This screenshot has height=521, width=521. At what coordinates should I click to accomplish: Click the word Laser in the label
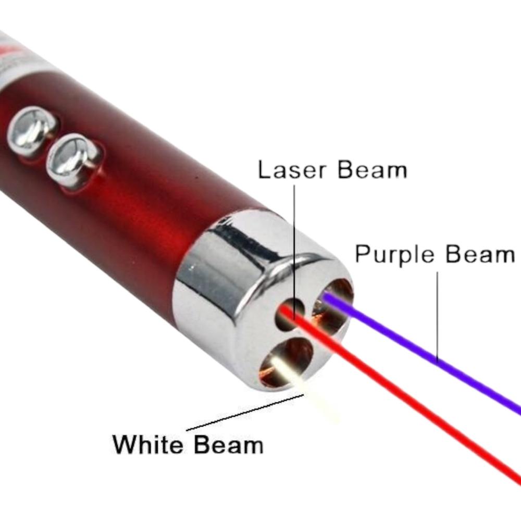pyautogui.click(x=292, y=170)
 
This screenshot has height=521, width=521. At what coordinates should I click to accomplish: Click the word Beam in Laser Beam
pyautogui.click(x=373, y=170)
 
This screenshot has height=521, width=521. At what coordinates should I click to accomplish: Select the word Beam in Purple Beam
pyautogui.click(x=480, y=255)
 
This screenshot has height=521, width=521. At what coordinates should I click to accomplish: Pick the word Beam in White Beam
pyautogui.click(x=229, y=444)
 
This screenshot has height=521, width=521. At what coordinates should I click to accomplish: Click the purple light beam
pyautogui.click(x=422, y=352)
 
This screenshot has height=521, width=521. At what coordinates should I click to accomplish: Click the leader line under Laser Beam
pyautogui.click(x=294, y=253)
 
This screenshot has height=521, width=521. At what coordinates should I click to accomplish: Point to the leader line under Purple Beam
pyautogui.click(x=437, y=317)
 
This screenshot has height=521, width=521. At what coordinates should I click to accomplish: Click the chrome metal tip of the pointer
pyautogui.click(x=263, y=299)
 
